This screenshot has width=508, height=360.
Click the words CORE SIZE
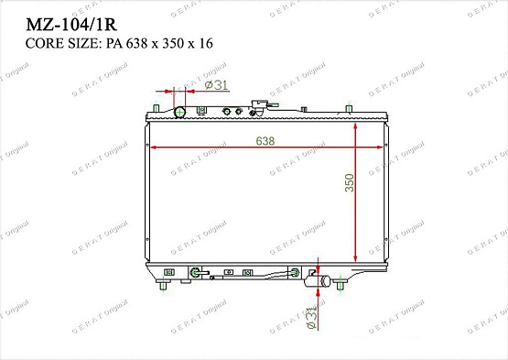click(51, 43)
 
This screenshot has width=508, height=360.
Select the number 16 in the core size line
click(211, 43)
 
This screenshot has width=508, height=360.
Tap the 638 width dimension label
click(265, 140)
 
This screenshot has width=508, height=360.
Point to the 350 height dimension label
click(349, 182)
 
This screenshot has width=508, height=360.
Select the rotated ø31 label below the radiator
click(310, 320)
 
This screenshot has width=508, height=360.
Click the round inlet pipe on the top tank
click(180, 113)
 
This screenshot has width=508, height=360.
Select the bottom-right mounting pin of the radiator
click(340, 288)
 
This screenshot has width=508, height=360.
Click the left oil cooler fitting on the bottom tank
click(195, 272)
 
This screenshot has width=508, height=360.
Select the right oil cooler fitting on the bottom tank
click(295, 272)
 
